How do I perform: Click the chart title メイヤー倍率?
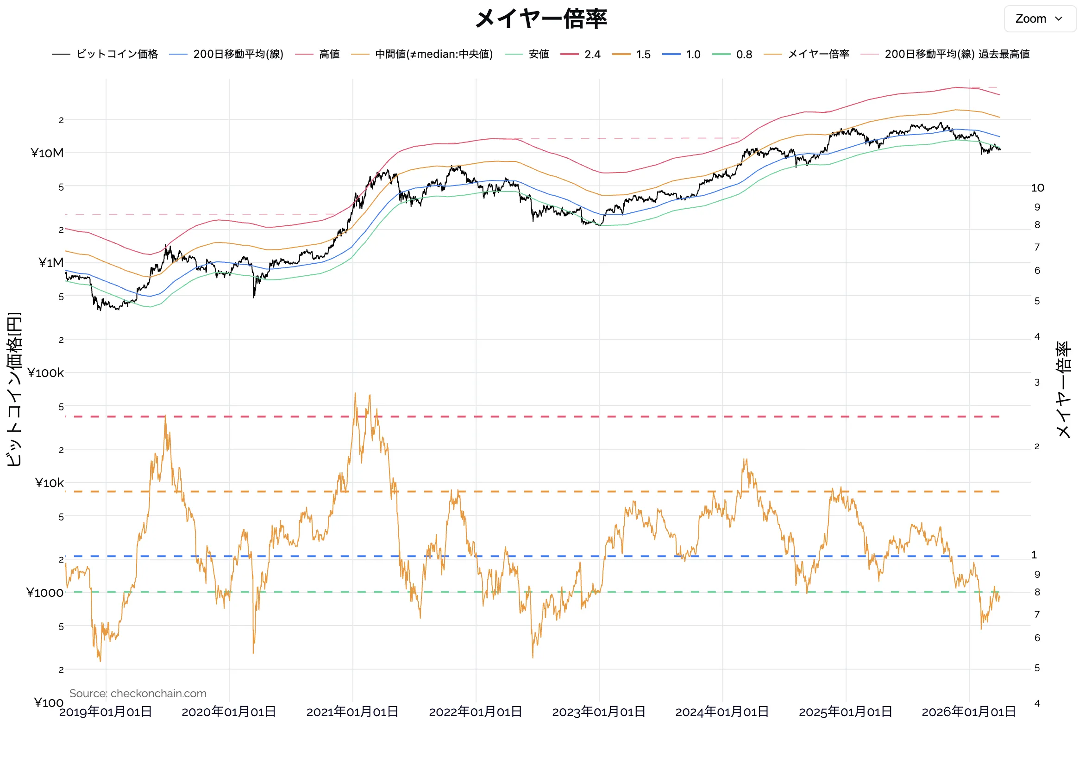click(540, 19)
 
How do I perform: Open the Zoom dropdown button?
click(1039, 19)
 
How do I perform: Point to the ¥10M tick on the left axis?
click(47, 153)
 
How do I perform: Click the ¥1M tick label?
click(50, 263)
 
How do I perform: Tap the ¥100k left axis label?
click(45, 373)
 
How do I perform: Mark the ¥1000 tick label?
click(44, 593)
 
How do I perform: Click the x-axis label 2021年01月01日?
click(352, 712)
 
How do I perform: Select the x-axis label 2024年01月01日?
click(721, 712)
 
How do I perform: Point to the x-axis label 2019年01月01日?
click(106, 712)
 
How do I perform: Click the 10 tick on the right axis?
click(1037, 188)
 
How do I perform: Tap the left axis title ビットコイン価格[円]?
click(14, 389)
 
